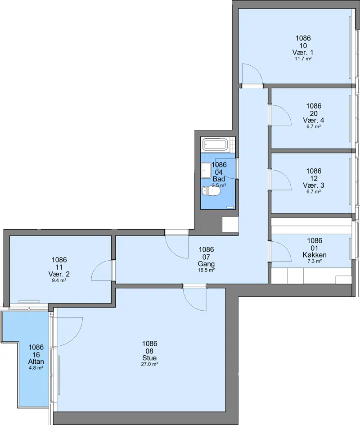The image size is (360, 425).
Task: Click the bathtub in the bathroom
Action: coord(216,145)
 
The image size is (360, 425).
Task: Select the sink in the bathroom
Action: coord(206,170)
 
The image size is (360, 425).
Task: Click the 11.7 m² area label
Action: coord(303,59)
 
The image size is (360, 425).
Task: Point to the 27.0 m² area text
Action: coord(149,364)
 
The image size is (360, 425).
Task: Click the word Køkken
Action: coord(315,255)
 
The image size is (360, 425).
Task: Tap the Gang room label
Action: coord(206,264)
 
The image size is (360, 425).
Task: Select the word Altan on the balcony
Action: coord(36,362)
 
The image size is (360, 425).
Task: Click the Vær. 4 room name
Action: coord(314,120)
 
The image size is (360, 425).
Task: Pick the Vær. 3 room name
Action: coord(314,185)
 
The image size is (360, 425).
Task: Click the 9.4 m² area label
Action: coord(59,280)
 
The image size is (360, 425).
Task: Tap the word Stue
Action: coord(149,358)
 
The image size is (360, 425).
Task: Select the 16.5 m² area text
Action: coord(207,270)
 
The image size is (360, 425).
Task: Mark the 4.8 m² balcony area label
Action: coord(36,368)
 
